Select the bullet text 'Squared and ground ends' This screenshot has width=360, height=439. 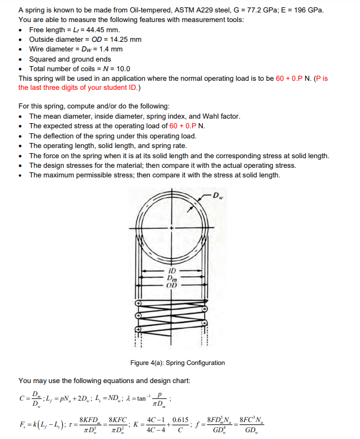pyautogui.click(x=70, y=59)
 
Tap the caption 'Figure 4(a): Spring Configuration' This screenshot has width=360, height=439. pyautogui.click(x=177, y=363)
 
